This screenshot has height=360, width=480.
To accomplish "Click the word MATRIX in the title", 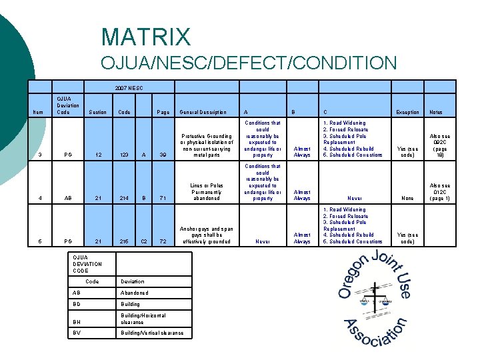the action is click(x=146, y=37).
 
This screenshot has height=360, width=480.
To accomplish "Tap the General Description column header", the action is click(x=203, y=112).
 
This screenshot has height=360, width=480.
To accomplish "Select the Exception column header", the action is click(x=407, y=112).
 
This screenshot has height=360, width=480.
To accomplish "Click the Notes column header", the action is click(x=436, y=112).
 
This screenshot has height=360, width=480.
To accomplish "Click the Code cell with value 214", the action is click(x=124, y=198).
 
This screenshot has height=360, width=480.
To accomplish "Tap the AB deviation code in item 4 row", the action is click(x=67, y=198).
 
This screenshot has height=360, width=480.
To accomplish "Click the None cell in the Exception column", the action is click(x=407, y=198).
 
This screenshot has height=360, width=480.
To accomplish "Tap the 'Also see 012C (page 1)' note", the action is click(x=439, y=191).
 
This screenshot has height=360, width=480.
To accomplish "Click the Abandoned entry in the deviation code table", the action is click(x=135, y=293).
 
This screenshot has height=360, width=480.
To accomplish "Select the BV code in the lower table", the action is click(x=79, y=332).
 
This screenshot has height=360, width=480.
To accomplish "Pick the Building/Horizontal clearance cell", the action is click(x=143, y=319).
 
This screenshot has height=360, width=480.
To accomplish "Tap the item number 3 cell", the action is click(x=41, y=155).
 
